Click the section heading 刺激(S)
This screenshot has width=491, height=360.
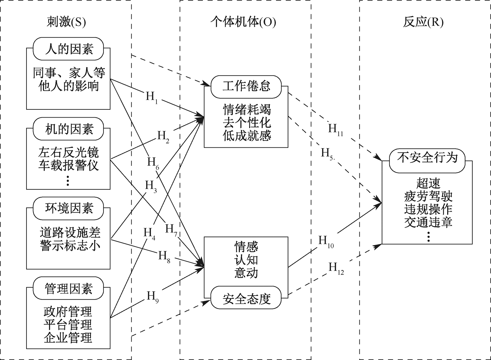[x=66, y=22]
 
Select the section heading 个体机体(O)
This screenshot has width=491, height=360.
[x=243, y=22]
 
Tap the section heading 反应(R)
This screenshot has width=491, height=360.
[x=423, y=22]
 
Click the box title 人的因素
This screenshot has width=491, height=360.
[x=69, y=49]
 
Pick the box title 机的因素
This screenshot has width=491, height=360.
[x=69, y=129]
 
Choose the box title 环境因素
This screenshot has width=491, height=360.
[x=69, y=208]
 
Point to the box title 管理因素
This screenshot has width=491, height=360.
[x=69, y=289]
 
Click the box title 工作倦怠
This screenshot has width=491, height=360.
[x=246, y=86]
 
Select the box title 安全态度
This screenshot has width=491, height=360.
[x=246, y=299]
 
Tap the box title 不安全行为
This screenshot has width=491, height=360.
[x=427, y=158]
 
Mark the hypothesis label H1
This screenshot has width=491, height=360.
[x=152, y=97]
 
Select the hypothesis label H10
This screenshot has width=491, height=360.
[x=326, y=242]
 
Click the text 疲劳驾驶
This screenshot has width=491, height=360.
[x=428, y=196]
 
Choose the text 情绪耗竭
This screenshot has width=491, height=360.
[x=247, y=109]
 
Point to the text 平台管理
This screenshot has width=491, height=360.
[x=68, y=325]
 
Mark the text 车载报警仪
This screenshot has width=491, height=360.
[x=68, y=165]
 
